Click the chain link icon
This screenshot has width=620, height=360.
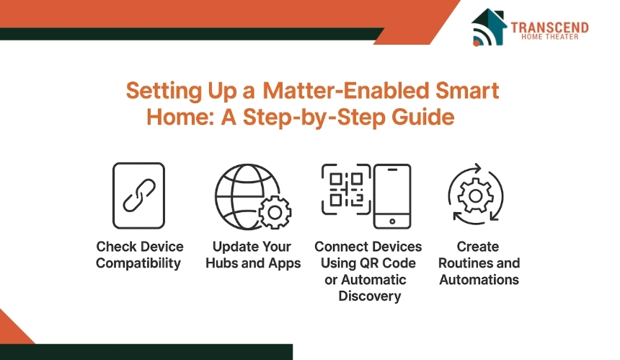click(x=139, y=195)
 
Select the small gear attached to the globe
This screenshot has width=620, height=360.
click(x=275, y=212)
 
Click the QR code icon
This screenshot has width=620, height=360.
click(x=346, y=190)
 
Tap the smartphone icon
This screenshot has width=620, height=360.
click(x=392, y=196)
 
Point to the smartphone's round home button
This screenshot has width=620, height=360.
click(x=392, y=221)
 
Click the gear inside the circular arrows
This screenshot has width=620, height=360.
click(x=475, y=196)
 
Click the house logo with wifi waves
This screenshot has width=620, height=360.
click(x=489, y=27)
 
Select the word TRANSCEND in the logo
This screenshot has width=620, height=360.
click(x=549, y=27)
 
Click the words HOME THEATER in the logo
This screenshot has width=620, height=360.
click(x=550, y=37)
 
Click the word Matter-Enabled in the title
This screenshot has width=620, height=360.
click(x=345, y=90)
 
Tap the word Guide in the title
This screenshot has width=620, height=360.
click(x=422, y=117)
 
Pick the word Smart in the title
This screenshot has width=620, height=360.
click(x=467, y=90)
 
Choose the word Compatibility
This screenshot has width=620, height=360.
click(x=138, y=263)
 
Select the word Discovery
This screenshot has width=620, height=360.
click(x=370, y=296)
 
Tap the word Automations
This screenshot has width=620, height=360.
click(x=479, y=280)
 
